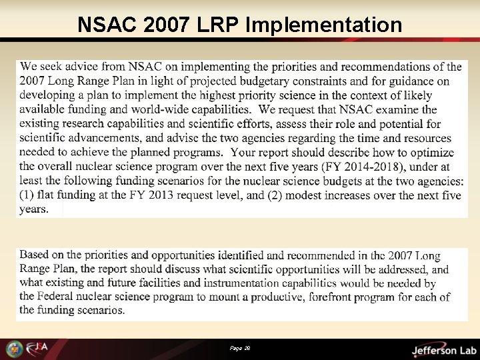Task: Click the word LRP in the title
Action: coord(219,25)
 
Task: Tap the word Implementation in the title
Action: coord(324,25)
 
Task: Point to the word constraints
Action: coord(340,81)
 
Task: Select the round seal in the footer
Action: coord(13,349)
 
